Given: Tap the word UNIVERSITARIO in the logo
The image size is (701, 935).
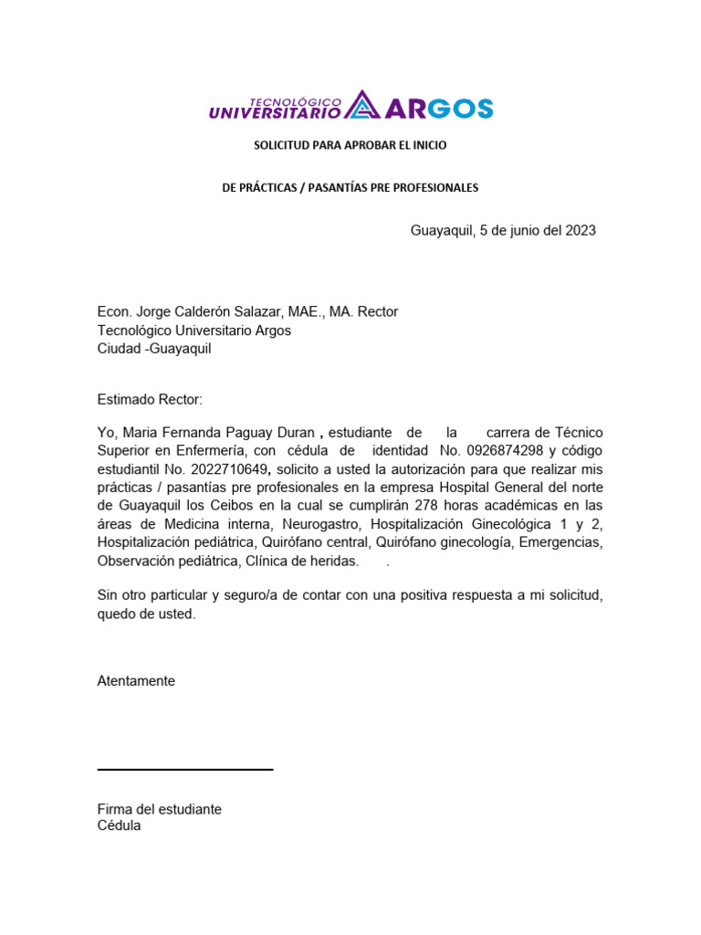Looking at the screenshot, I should (x=275, y=113).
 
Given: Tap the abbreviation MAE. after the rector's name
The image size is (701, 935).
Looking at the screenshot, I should (x=303, y=311).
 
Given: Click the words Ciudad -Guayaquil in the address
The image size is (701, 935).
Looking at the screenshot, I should (x=154, y=350).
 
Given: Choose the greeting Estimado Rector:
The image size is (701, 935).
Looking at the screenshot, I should (x=150, y=399).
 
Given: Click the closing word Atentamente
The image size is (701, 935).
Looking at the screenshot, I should (x=136, y=680).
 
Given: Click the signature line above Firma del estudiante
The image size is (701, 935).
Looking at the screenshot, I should (x=185, y=770).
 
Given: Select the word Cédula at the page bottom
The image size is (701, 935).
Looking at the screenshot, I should (x=120, y=825).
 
